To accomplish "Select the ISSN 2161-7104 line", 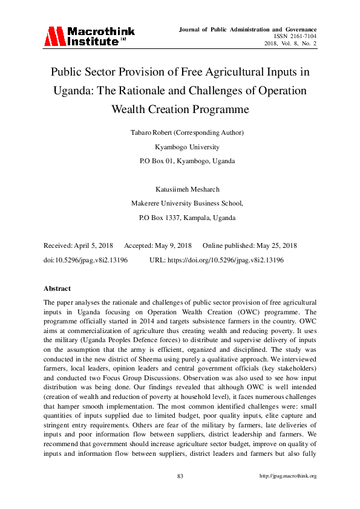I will pyautogui.click(x=295, y=36).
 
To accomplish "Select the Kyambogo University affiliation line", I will pyautogui.click(x=180, y=147).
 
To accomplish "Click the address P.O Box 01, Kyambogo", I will pyautogui.click(x=180, y=161).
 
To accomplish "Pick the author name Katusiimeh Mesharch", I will pyautogui.click(x=180, y=189).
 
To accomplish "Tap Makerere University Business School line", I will pyautogui.click(x=180, y=204).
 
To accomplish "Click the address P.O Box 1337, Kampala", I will pyautogui.click(x=180, y=218).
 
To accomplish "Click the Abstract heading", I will pyautogui.click(x=57, y=288).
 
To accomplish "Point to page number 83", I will pyautogui.click(x=180, y=476).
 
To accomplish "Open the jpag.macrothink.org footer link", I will pyautogui.click(x=288, y=476).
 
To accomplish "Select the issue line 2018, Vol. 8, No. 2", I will pyautogui.click(x=290, y=44).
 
